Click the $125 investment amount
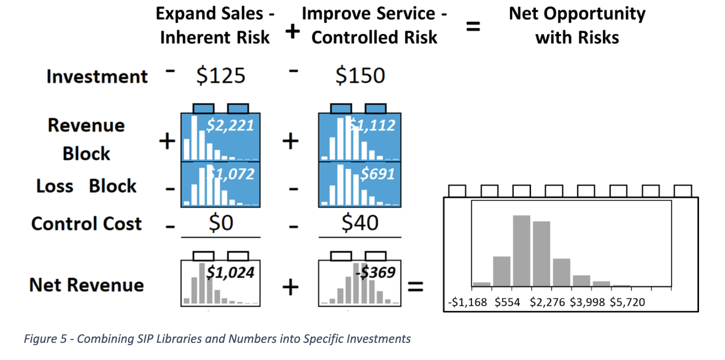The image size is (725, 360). coord(220,76)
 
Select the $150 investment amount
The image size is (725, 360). coord(360,76)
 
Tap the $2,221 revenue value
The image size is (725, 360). coord(230,125)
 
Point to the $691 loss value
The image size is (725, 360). coord(377,174)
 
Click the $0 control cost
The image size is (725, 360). coord(220,223)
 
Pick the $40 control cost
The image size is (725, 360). coord(360,223)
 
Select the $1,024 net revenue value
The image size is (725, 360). coord(230,272)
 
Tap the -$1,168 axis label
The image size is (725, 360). coord(468,302)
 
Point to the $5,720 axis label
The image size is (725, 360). coord(627,302)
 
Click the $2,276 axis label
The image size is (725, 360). coord(547,302)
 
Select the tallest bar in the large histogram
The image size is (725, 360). coord(521,251)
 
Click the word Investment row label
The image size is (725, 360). coord(97,77)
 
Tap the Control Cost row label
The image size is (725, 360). coord(87,224)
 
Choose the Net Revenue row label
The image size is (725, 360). coord(87,285)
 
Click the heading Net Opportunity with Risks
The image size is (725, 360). coord(577,26)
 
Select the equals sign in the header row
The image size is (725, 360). coord(473,26)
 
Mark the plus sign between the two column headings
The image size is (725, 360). coord(293,31)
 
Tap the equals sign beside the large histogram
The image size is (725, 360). coord(415,287)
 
